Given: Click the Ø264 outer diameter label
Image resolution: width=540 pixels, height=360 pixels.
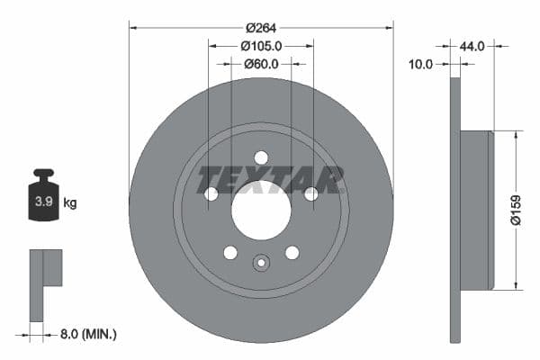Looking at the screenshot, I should [x=261, y=27].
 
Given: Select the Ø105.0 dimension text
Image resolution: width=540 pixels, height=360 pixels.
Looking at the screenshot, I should [x=262, y=45].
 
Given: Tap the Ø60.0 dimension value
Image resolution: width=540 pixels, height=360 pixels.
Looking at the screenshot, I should [x=262, y=64].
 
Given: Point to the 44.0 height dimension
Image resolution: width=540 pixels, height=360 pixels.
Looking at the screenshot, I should [x=473, y=45].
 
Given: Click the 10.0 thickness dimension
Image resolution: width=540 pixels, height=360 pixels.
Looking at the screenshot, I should [x=420, y=64].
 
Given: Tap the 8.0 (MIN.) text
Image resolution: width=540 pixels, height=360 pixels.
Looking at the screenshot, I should [x=87, y=334].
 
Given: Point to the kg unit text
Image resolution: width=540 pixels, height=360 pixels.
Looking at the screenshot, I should [x=70, y=202].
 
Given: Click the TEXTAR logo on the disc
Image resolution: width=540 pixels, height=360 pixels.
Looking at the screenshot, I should [x=270, y=180].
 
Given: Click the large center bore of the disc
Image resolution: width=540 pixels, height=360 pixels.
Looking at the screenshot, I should [x=261, y=210].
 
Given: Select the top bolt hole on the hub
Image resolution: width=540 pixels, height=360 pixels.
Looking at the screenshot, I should [x=261, y=157].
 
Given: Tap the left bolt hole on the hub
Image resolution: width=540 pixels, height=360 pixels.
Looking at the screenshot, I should [x=211, y=193].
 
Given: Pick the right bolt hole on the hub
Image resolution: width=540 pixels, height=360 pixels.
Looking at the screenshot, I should [x=310, y=193].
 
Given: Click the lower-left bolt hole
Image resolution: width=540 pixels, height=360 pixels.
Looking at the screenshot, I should [x=230, y=252].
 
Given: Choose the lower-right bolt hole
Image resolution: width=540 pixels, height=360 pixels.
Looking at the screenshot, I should [x=292, y=252].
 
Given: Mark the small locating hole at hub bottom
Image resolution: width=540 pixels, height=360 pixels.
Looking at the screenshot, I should [x=261, y=263].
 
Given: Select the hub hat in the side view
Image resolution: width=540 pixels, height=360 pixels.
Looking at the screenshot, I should [x=477, y=210].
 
